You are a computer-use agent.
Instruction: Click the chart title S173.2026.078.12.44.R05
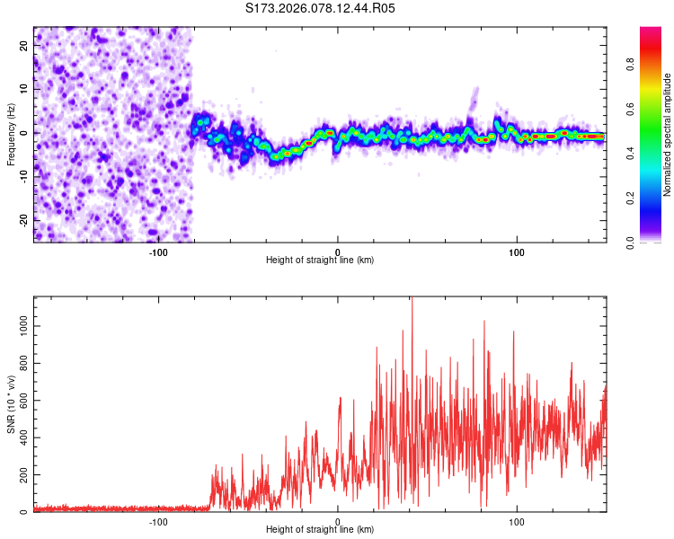[321, 8]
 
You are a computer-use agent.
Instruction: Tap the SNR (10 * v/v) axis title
[11, 403]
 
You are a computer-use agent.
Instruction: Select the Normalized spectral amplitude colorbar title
[668, 135]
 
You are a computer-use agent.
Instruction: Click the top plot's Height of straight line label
[320, 260]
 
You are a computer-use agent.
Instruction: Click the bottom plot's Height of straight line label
[320, 529]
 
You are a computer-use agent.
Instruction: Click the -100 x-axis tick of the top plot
[158, 251]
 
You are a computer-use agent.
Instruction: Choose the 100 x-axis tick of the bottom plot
[517, 520]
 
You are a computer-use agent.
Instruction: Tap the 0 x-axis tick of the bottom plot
[338, 520]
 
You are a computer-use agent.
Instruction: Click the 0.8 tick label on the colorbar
[655, 65]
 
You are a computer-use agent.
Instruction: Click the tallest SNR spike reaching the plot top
[412, 301]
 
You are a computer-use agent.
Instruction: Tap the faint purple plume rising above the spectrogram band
[473, 101]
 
